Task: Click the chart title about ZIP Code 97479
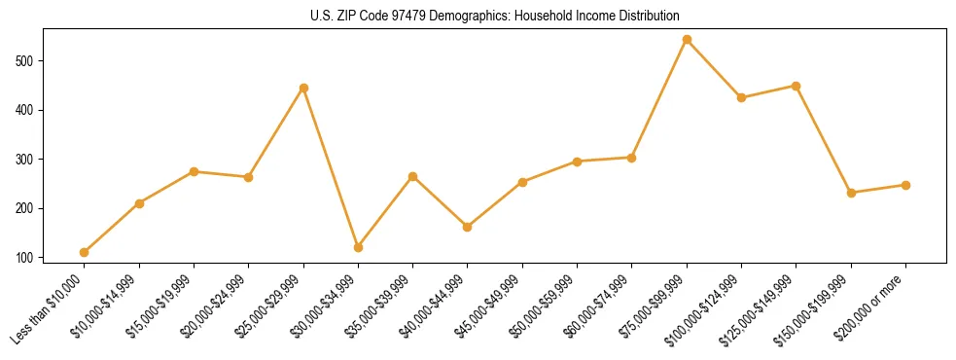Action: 478,17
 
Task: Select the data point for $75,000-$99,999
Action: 687,40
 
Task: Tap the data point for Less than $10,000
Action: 85,252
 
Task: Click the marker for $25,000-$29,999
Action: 303,88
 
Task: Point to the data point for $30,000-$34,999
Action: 358,247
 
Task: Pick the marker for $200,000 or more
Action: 905,185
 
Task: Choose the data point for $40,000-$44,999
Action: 468,227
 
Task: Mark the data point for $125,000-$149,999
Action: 797,86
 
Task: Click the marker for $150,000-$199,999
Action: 851,193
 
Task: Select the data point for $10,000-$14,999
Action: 139,203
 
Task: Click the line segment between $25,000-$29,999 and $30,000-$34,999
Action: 331,167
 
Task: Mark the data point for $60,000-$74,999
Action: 632,158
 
